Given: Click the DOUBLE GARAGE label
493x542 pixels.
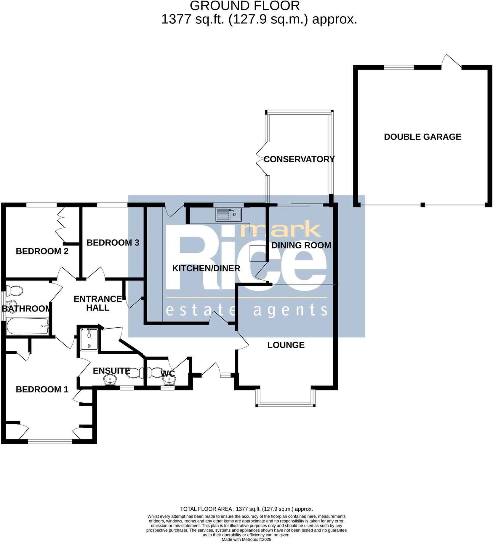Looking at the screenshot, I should tap(422, 137).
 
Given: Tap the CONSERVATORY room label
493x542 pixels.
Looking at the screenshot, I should tap(299, 159).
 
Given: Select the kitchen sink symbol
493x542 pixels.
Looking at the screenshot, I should tap(228, 214).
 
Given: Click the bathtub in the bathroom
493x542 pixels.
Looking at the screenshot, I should tap(27, 326).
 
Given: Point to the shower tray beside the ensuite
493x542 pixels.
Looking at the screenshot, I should tap(89, 339).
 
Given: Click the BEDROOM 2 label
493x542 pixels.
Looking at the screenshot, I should tap(42, 251).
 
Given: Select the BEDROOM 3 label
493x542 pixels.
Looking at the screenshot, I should tap(113, 243).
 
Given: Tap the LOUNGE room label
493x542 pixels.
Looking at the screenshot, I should tap(286, 345).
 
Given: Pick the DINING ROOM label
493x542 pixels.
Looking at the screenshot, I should tap(301, 245).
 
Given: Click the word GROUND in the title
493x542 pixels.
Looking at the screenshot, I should tap(215, 6).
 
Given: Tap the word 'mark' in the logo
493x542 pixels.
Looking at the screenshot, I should tap(281, 230).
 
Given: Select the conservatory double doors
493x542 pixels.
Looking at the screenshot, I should tap(262, 159).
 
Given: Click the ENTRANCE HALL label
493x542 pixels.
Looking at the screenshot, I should tap(98, 303).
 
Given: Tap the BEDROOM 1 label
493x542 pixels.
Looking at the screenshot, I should tap(42, 389).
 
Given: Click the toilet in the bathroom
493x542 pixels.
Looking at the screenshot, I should tap(14, 291).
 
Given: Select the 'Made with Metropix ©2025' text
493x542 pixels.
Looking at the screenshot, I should tap(246, 540).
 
